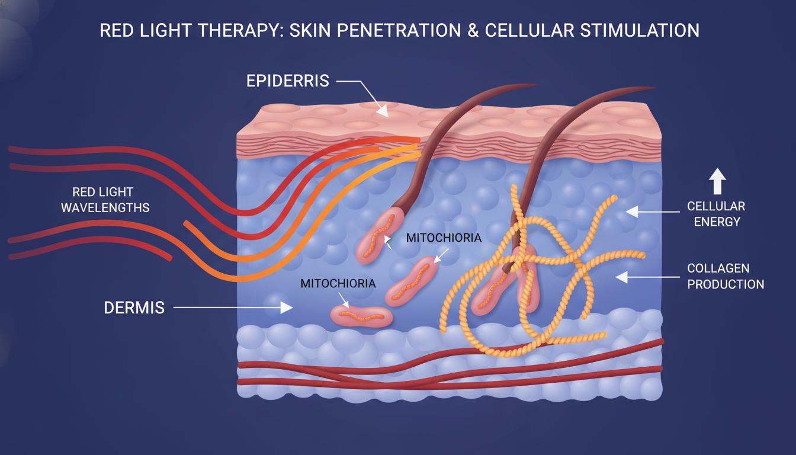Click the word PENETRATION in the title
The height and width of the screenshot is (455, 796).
point(399,30)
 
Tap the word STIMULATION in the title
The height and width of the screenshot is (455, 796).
point(640,30)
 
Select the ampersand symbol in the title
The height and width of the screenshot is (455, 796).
point(473,30)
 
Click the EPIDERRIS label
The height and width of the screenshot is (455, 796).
point(288,81)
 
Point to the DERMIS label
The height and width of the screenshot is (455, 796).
point(134,308)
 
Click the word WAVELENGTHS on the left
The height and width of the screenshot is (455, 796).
point(105,207)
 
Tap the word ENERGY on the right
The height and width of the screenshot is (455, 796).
point(717,222)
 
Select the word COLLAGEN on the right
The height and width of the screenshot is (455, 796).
point(718,268)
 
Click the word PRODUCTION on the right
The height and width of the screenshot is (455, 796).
point(726,284)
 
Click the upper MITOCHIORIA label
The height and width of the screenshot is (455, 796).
point(444,238)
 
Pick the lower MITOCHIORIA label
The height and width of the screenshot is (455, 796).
point(338,283)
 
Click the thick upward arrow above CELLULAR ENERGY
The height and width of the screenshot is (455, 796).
point(717,181)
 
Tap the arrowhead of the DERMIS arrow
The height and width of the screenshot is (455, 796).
point(287,307)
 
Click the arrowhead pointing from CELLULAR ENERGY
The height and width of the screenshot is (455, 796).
point(632,212)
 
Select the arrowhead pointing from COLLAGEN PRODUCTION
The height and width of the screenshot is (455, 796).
point(622,277)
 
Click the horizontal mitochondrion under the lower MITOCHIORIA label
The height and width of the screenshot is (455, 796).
point(361,316)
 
